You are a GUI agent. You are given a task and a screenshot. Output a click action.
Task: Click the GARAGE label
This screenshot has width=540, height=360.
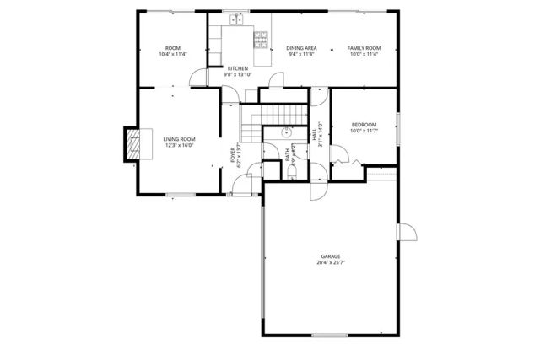tap(331, 255)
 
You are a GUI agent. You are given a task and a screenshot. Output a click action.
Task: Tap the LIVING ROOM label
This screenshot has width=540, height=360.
tap(179, 139)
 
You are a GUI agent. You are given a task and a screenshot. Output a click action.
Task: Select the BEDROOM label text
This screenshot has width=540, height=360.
tap(364, 124)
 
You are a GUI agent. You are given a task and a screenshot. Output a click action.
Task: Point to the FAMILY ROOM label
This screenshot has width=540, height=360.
tap(364, 48)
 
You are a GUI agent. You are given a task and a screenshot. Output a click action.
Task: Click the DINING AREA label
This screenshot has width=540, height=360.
tap(300, 48)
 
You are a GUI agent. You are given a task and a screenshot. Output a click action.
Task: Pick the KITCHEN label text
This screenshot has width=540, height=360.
tap(237, 68)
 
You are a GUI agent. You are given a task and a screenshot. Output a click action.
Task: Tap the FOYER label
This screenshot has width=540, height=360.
tap(232, 154)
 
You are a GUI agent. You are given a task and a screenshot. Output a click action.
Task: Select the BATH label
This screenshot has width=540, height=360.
tap(287, 155)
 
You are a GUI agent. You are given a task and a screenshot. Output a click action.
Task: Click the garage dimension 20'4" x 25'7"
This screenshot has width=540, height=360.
tap(331, 262)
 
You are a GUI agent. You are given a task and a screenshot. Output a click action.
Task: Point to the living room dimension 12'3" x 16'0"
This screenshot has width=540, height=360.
tap(179, 146)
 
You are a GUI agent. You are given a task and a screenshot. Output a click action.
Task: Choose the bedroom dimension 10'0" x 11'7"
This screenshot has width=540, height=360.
tap(364, 131)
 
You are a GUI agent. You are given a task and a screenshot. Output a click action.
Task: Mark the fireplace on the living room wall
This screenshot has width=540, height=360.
tap(132, 145)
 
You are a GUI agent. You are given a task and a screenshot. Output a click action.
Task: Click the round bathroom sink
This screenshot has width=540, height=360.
tap(286, 132)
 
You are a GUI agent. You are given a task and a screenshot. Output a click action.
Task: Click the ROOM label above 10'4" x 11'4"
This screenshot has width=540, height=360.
tap(172, 48)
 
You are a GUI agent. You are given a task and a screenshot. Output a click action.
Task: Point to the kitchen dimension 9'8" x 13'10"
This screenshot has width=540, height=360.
tap(237, 75)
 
